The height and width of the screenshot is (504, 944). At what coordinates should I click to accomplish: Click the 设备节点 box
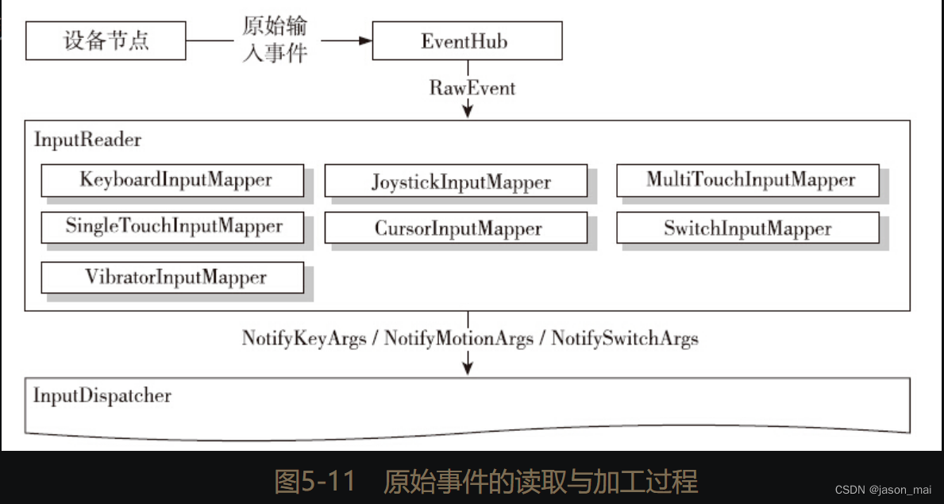(106, 40)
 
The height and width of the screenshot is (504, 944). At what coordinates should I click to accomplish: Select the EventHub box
(467, 40)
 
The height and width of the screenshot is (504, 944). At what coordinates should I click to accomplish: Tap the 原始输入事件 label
(274, 40)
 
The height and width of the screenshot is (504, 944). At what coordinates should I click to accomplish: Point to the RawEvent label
(472, 87)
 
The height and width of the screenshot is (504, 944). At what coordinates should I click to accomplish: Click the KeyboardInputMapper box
(172, 180)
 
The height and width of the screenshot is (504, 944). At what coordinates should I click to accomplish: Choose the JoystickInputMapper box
(457, 182)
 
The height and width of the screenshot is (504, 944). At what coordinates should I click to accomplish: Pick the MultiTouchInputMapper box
(748, 180)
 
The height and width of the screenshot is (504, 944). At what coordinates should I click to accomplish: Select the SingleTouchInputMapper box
(172, 227)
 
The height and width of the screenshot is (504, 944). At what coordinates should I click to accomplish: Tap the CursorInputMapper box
(457, 229)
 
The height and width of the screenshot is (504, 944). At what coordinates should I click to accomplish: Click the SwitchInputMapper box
(748, 229)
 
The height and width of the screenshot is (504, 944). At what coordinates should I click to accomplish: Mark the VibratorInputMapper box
(172, 277)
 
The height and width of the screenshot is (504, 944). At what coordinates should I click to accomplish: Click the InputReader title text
(87, 140)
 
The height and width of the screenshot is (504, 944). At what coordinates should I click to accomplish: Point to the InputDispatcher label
(102, 394)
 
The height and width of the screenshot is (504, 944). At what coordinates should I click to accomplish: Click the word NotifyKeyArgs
(304, 339)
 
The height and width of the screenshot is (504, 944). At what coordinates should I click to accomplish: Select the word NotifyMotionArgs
(458, 339)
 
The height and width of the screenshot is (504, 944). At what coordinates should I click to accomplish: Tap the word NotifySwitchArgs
(625, 339)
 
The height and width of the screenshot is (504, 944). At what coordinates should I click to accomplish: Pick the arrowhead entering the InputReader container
(468, 112)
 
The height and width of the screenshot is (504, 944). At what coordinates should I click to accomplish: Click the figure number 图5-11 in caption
(314, 481)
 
